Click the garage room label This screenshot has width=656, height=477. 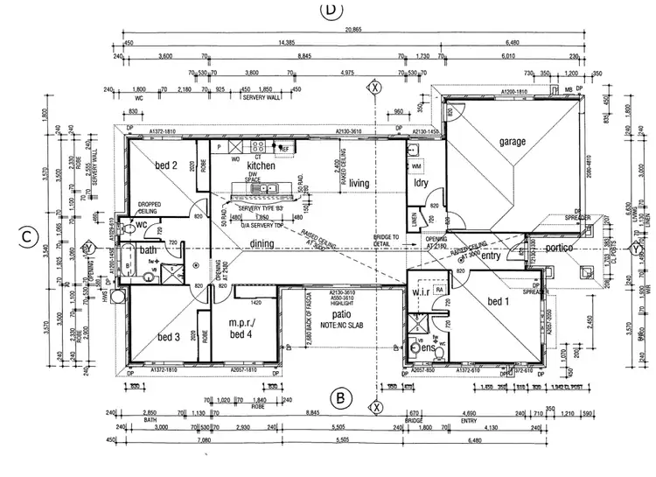(x=513, y=142)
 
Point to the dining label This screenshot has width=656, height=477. (x=262, y=244)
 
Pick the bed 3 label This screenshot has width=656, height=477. (x=168, y=337)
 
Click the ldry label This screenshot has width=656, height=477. (x=420, y=183)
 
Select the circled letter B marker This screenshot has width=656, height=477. (x=340, y=399)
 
